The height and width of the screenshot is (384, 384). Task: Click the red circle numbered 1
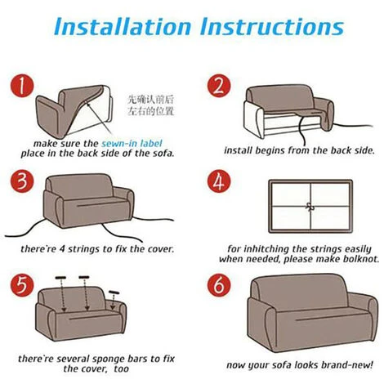click(x=22, y=86)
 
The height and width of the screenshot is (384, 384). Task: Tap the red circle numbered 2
click(x=219, y=86)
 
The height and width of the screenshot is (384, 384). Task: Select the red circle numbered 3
click(x=22, y=181)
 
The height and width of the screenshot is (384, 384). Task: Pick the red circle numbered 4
click(x=219, y=181)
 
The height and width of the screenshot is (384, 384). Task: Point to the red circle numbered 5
click(x=22, y=285)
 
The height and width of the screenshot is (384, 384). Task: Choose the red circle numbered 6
click(x=219, y=285)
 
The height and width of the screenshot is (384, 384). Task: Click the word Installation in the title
click(x=123, y=26)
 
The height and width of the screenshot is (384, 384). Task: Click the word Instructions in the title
click(x=272, y=26)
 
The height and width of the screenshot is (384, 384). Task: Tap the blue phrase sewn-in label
click(x=132, y=144)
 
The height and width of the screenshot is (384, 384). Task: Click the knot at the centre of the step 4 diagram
click(x=310, y=207)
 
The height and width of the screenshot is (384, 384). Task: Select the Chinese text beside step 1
click(x=150, y=105)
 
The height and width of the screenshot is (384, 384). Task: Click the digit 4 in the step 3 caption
click(x=62, y=249)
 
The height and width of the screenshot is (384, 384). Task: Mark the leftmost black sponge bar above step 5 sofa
click(x=60, y=278)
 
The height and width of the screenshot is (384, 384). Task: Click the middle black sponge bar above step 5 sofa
click(x=84, y=277)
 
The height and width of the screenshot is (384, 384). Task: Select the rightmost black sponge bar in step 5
click(x=114, y=292)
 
